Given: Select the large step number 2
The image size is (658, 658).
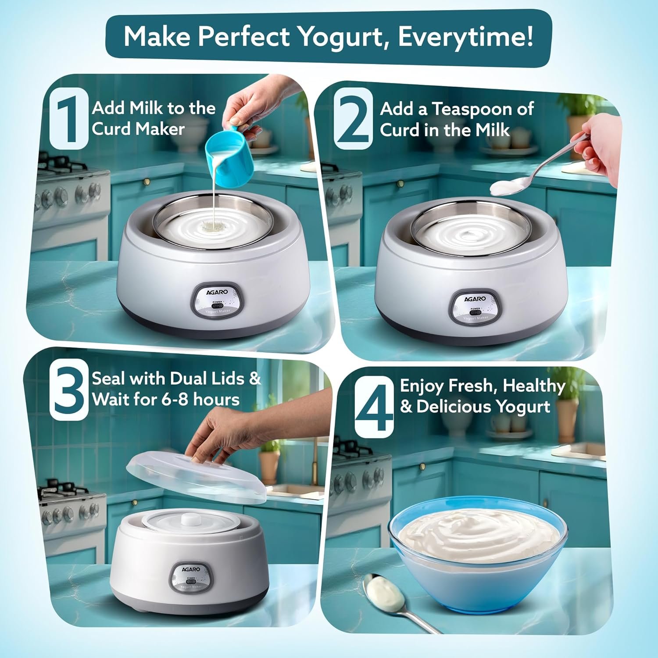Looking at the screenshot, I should click(354, 119).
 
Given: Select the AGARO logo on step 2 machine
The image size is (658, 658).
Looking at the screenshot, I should click(475, 299).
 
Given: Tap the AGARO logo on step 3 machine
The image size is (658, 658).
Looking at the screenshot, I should click(191, 569).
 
